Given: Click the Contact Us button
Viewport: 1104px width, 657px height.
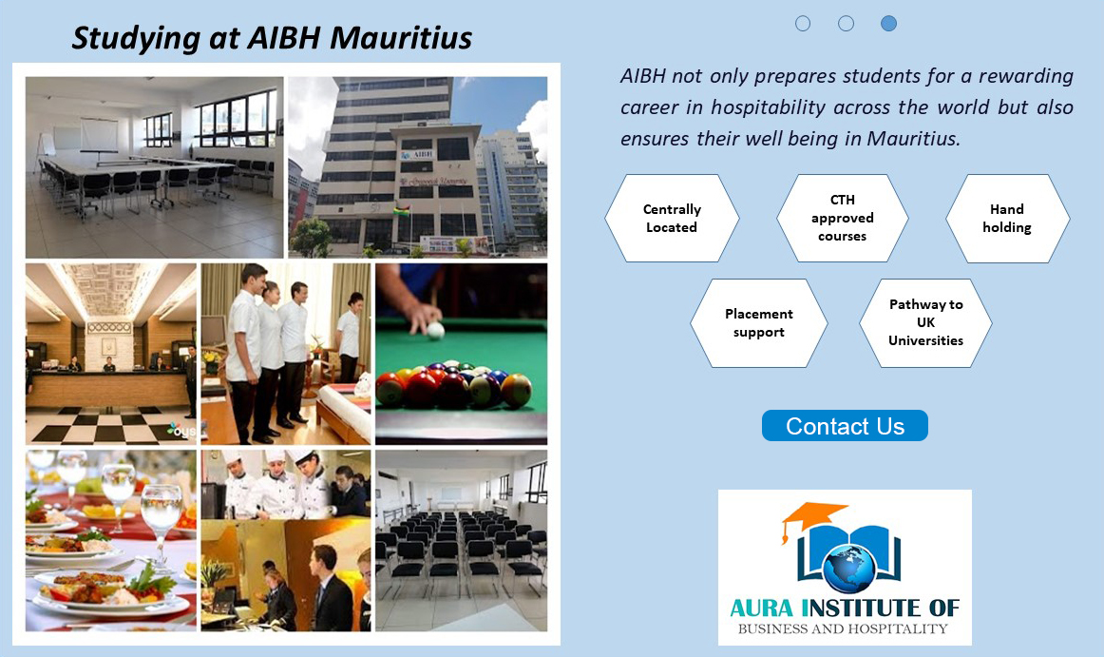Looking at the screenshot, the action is coord(845,426).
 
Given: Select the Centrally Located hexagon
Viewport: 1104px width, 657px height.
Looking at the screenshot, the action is coord(672,219).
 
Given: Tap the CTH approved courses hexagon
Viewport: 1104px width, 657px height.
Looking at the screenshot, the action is coord(842,219).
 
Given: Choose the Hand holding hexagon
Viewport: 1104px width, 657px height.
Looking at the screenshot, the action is coord(1007,219).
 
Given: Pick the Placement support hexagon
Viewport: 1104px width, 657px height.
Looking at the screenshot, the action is coord(758,323).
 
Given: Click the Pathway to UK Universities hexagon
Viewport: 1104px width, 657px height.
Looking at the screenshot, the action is coord(925,323).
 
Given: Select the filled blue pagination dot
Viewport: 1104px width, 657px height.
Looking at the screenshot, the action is coord(888,23).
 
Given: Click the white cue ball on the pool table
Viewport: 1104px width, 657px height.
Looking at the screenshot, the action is coord(436,330).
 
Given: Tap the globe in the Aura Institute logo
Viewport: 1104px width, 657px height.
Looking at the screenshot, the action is coord(848,568).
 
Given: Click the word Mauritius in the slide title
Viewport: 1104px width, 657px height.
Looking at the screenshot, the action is coord(401,38).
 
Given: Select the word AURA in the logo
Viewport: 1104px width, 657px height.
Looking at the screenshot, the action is coord(762,608).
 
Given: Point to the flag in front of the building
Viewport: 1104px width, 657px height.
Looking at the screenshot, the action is coord(402,211).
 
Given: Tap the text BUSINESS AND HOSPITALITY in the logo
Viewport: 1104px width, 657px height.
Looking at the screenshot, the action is coord(843,628).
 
